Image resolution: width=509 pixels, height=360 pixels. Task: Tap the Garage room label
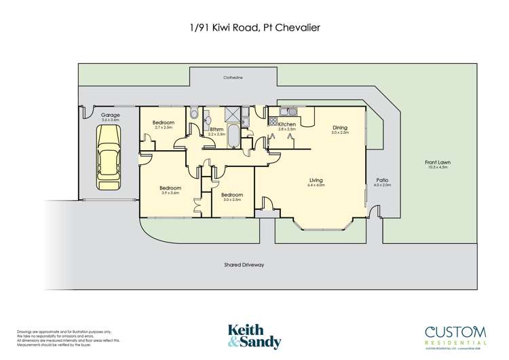point(110,115)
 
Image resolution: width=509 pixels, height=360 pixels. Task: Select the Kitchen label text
point(286,124)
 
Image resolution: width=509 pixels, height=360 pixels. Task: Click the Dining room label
point(340,127)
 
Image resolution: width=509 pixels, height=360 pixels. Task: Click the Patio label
point(382,180)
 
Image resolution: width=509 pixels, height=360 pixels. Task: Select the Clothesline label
point(233,78)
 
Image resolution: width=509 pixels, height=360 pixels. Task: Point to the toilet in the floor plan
point(193,114)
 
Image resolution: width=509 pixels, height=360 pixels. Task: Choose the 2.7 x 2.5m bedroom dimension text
point(164,127)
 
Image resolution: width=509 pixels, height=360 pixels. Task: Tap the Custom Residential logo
point(454,334)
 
